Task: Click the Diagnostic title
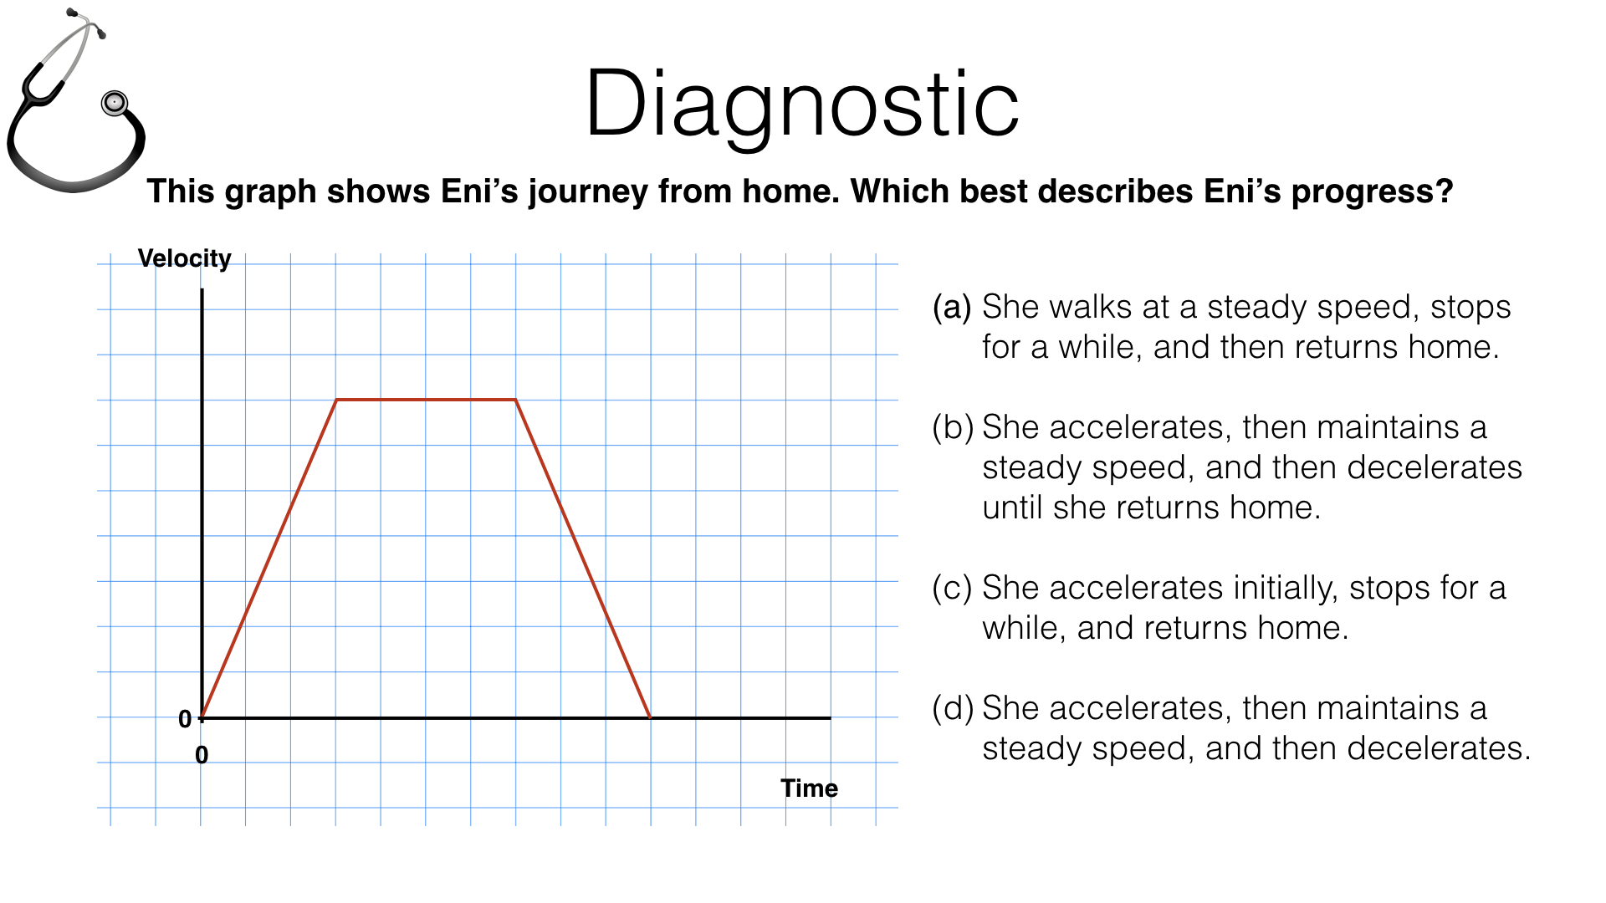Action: [x=801, y=104]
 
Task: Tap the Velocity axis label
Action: [x=184, y=258]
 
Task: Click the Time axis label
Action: [x=809, y=788]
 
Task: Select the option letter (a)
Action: [x=952, y=308]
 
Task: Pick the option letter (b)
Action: [x=953, y=428]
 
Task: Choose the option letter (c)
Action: [x=952, y=589]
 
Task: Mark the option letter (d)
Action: [x=953, y=709]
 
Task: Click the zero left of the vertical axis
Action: [x=185, y=719]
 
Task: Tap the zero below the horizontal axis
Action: [x=202, y=755]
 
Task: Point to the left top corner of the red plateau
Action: [x=336, y=400]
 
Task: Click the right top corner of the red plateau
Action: [x=515, y=400]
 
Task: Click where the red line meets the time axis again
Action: [x=650, y=717]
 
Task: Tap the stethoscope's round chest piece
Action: [x=115, y=103]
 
